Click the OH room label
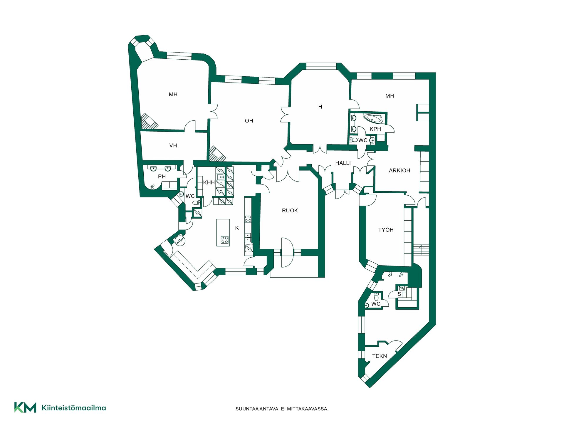coord(249,121)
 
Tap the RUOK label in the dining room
coord(290,211)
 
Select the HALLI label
coord(343,163)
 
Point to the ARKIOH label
coord(399,171)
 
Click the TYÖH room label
coord(386,230)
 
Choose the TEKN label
coord(380,356)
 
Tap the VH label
coord(173,146)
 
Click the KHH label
coord(209,183)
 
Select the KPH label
coord(375,129)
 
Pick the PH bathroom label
coord(162,177)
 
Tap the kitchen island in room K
coord(223,232)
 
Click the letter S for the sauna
coord(399,294)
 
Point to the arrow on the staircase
coord(421,250)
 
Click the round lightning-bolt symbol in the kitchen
coord(180,241)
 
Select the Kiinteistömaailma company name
coord(74,408)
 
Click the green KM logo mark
coord(25,407)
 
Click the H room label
coord(320,107)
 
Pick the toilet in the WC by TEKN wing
coord(376,297)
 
